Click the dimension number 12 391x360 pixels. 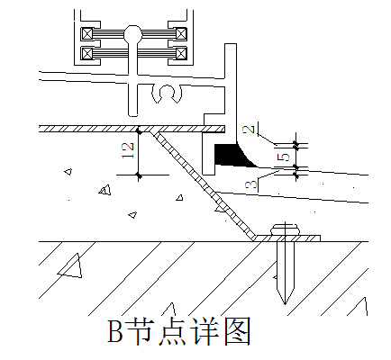[127, 150]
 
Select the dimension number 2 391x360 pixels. [249, 129]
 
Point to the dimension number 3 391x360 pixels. [251, 184]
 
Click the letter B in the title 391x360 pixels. [115, 331]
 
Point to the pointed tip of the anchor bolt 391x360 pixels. [285, 303]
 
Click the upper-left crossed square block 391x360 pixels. [87, 33]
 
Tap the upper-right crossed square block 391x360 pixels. [181, 33]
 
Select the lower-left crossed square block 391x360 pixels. [87, 53]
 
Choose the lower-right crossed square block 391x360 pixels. [181, 53]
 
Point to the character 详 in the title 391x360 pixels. [205, 331]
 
